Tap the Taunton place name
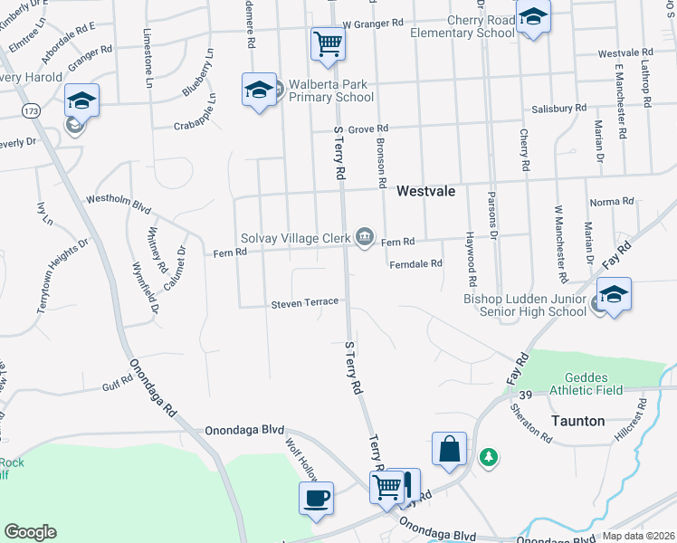[577, 422]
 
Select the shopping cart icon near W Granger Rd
[327, 43]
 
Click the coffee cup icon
[316, 497]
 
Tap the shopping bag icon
[449, 448]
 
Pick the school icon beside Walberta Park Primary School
[259, 90]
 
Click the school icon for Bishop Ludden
[614, 295]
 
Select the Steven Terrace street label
[305, 301]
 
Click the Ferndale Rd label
[415, 264]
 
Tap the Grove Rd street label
[368, 129]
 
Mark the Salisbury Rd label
[558, 108]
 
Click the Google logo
[30, 532]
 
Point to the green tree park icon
[489, 457]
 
